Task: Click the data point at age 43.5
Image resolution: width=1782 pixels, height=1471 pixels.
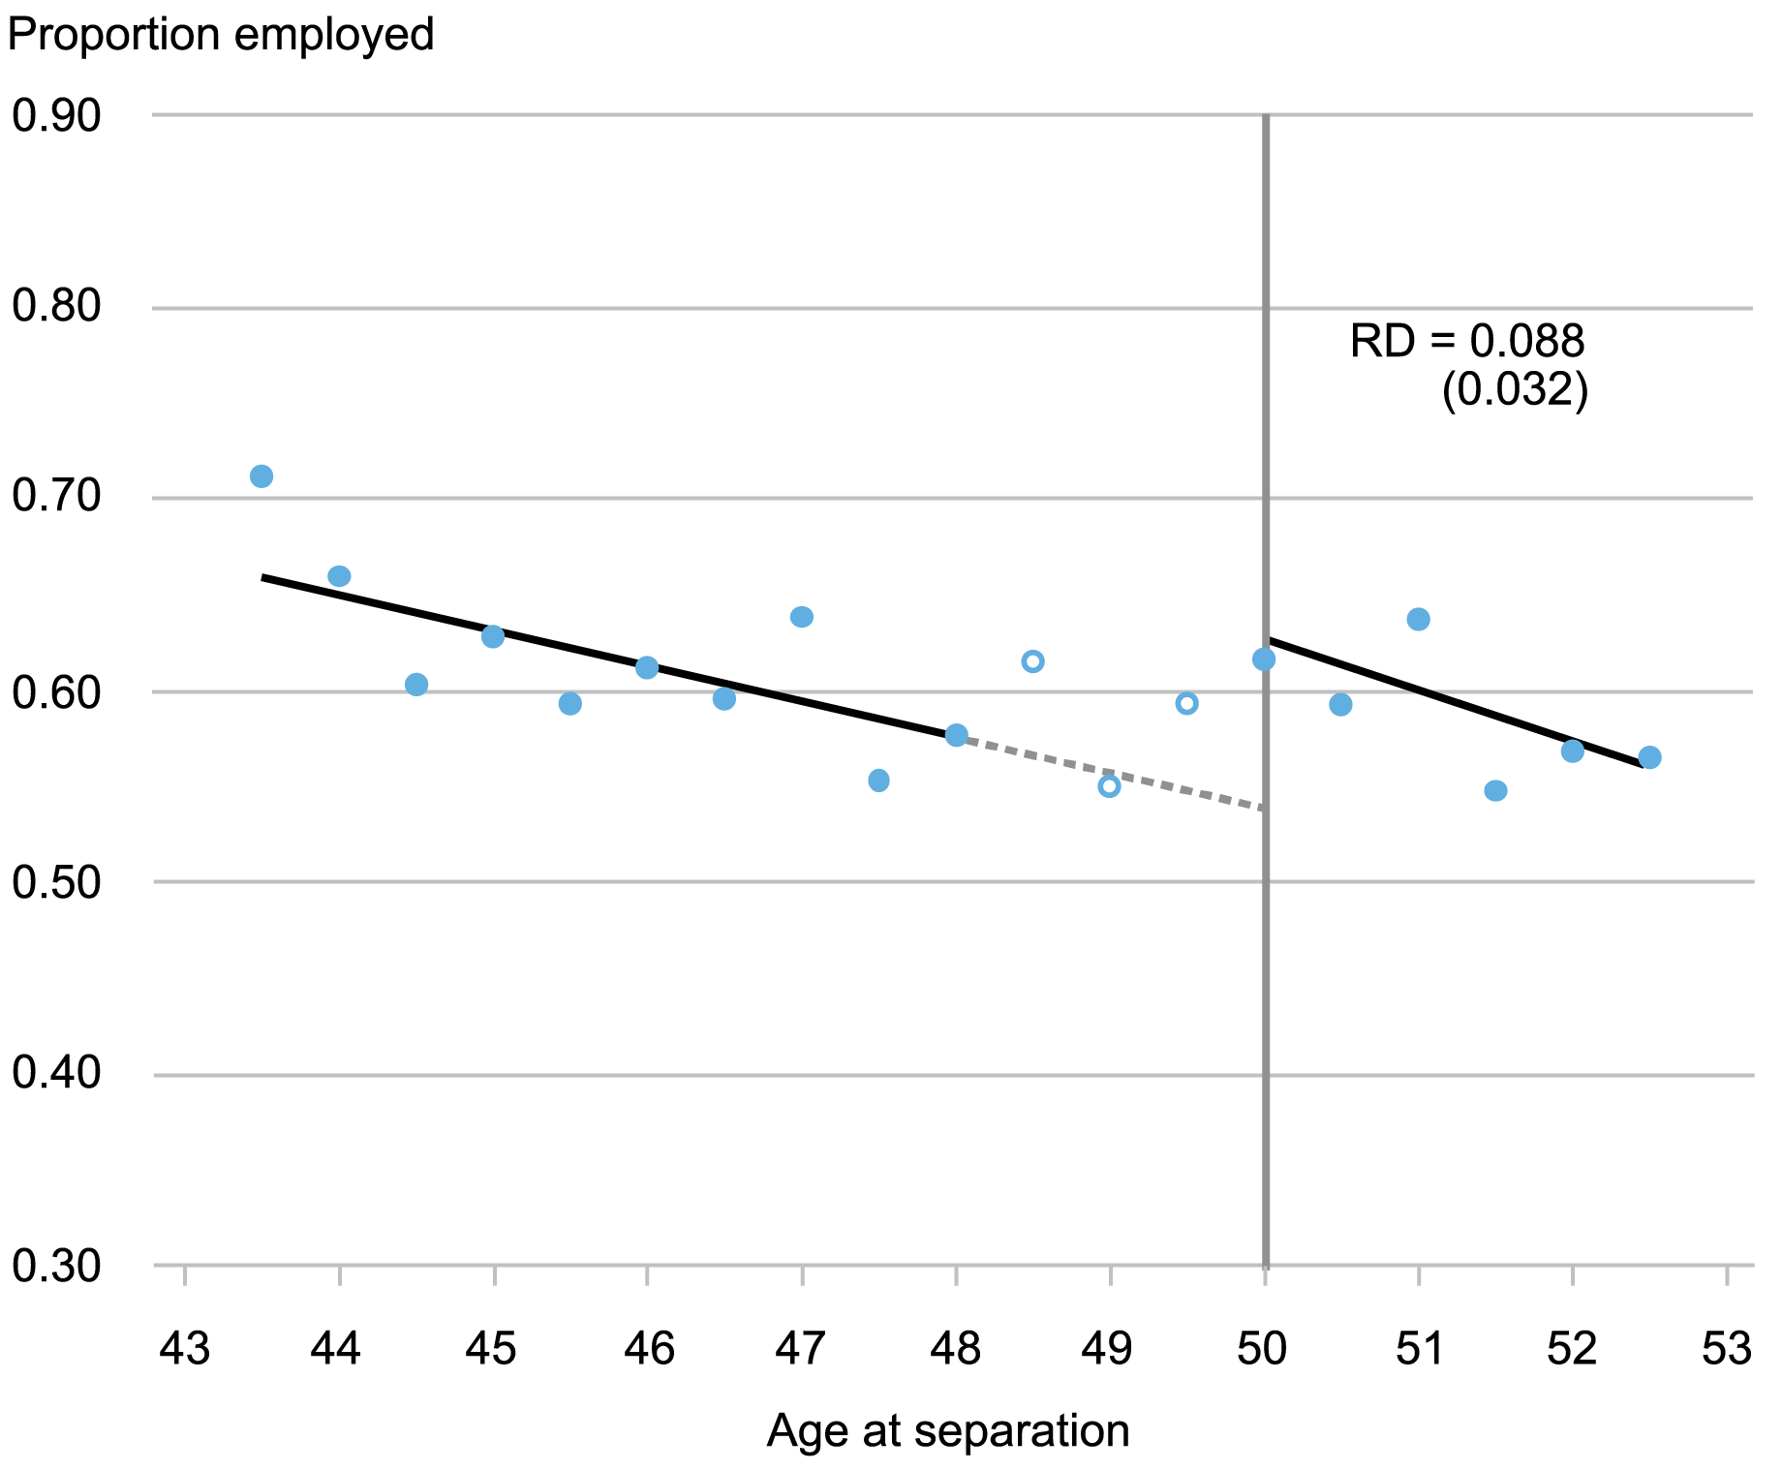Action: tap(261, 476)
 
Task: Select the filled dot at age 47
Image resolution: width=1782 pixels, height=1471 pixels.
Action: tap(802, 617)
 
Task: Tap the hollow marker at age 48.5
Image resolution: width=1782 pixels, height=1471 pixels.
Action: tap(1032, 661)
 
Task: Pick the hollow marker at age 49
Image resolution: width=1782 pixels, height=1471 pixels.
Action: tap(1110, 786)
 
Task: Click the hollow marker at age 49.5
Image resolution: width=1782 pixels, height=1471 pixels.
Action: tap(1187, 703)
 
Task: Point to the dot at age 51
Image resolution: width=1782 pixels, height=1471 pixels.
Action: tap(1419, 620)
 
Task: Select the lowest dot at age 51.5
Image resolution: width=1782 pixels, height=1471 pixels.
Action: tap(1495, 791)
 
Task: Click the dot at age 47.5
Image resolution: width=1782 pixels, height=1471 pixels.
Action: tap(879, 781)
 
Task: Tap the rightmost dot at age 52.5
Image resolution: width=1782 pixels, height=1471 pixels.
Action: tap(1650, 757)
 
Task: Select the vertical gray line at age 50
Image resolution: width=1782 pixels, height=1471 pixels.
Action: tap(1266, 968)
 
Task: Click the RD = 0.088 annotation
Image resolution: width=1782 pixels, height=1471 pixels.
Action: tap(1467, 342)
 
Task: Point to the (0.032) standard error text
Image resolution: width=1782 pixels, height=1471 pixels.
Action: tap(1515, 392)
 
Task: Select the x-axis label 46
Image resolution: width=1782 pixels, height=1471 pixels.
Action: tap(648, 1348)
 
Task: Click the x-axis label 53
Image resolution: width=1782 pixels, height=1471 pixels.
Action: tap(1727, 1348)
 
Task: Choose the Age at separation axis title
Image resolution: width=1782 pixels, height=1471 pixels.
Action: tap(948, 1431)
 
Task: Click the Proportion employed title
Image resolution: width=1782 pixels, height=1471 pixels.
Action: tap(221, 35)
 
